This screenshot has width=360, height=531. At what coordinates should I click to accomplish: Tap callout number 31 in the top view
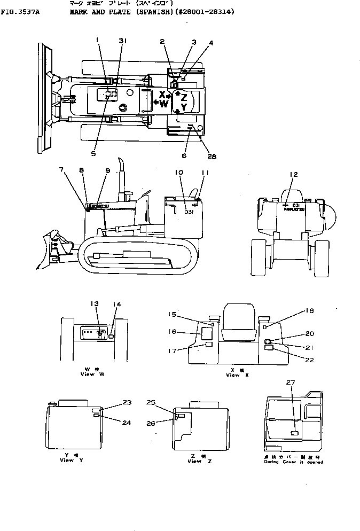pyautogui.click(x=122, y=41)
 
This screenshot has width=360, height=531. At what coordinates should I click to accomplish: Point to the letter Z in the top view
pyautogui.click(x=184, y=97)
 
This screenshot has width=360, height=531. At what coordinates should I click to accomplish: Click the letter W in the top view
pyautogui.click(x=164, y=105)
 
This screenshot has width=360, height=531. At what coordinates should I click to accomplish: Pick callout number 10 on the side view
pyautogui.click(x=178, y=173)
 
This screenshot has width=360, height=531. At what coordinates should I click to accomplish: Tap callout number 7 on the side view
pyautogui.click(x=62, y=169)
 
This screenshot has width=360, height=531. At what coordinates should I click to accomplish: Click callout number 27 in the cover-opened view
pyautogui.click(x=290, y=382)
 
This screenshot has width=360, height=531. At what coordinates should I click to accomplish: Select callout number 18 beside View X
pyautogui.click(x=294, y=310)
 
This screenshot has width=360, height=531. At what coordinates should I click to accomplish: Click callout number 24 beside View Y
pyautogui.click(x=126, y=423)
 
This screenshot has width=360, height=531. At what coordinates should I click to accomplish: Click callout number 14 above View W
pyautogui.click(x=118, y=304)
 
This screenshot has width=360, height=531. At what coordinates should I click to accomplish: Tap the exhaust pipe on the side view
pyautogui.click(x=121, y=171)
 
